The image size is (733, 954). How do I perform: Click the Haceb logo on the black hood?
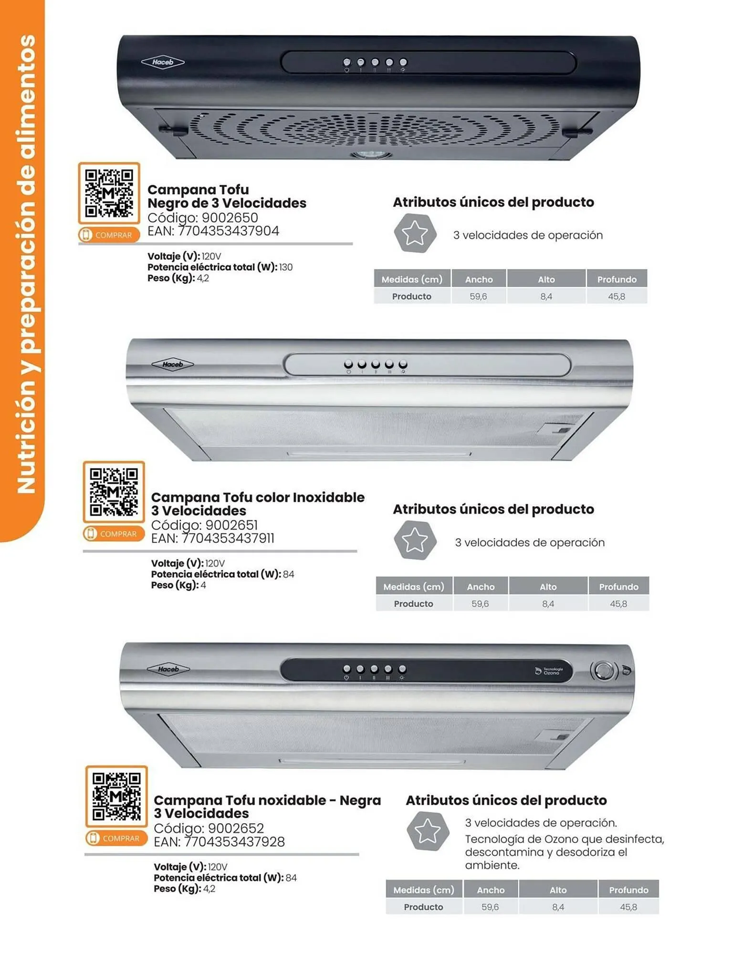point(163,62)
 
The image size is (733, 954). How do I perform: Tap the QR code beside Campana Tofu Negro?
point(109,193)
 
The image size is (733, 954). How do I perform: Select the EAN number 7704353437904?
point(228,231)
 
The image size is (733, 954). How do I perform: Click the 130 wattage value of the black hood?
point(286,267)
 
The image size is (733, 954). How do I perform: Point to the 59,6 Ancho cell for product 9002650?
point(478,296)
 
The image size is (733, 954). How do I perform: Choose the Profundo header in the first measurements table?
point(617,280)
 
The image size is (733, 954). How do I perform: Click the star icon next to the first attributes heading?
point(415,233)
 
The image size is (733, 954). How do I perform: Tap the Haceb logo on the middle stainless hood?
point(172,365)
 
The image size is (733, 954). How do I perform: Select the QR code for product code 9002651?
point(114,492)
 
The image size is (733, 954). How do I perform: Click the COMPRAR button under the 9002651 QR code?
point(114,534)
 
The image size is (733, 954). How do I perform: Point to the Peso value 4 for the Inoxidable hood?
point(203,585)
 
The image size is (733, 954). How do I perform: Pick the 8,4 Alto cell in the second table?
point(548,604)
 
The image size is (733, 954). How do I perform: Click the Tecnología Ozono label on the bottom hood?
point(550,671)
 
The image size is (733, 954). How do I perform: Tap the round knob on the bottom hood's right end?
point(604,671)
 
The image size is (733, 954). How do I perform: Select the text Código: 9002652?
point(209,829)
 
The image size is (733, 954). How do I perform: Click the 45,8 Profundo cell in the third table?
point(628,907)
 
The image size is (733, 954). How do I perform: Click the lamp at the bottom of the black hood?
point(371,155)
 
